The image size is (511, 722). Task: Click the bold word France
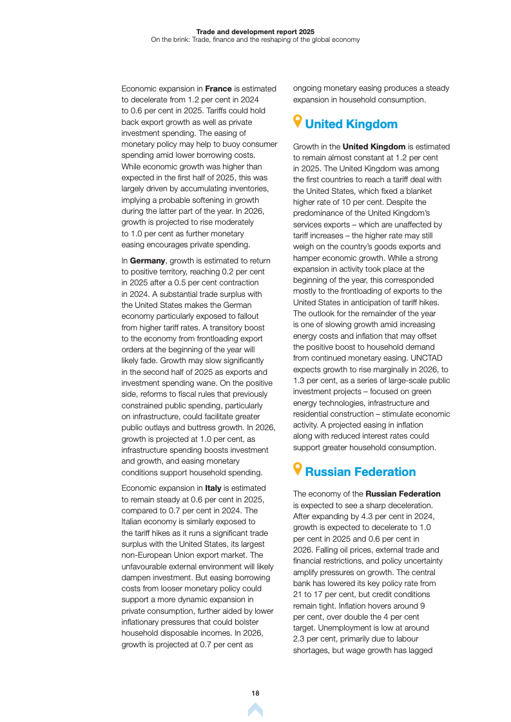point(218,88)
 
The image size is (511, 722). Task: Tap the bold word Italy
point(213,489)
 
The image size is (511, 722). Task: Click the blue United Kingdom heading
point(351,124)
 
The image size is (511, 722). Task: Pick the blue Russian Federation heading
point(360,472)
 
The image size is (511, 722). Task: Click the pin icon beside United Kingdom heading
point(297,122)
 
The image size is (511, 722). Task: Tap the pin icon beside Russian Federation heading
point(297,470)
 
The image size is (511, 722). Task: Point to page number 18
point(255,693)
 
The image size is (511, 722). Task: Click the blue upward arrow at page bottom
point(255,710)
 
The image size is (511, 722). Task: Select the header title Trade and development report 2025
point(255,31)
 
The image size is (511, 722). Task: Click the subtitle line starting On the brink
point(255,39)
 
